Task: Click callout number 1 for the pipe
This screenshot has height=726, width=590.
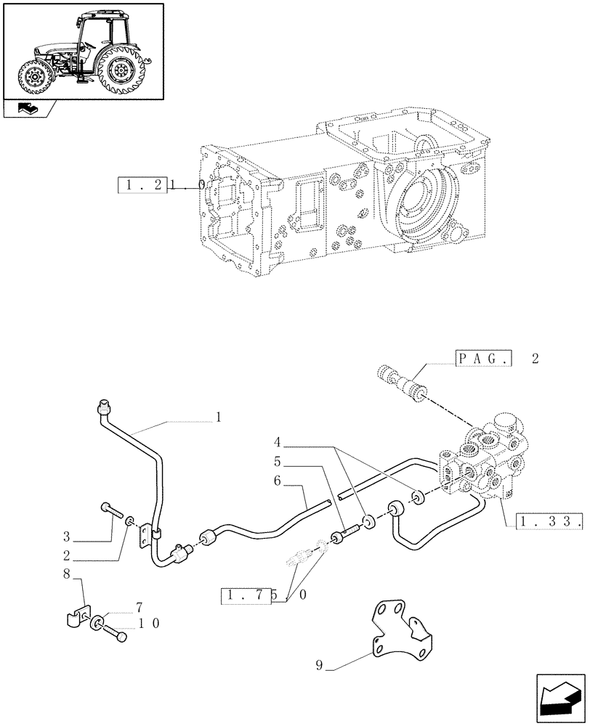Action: coord(217,419)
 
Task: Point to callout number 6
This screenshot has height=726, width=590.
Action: coord(278,480)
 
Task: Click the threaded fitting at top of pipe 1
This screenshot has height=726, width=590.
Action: coord(103,408)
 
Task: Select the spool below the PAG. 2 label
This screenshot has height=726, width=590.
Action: coord(403,383)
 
